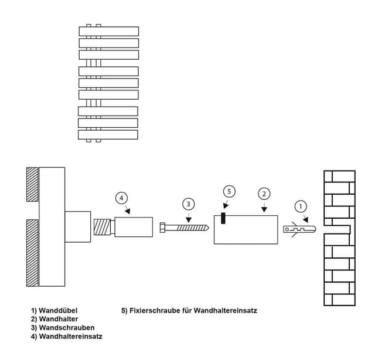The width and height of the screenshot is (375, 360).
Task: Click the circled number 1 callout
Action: pyautogui.click(x=301, y=206)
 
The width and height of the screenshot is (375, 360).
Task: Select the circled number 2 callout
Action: pyautogui.click(x=264, y=194)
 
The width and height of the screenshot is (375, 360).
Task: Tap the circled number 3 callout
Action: pyautogui.click(x=189, y=204)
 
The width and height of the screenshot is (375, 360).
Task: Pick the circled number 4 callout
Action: pyautogui.click(x=121, y=198)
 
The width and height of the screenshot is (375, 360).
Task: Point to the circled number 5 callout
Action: pyautogui.click(x=229, y=192)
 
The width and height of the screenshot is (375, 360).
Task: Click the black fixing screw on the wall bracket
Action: pyautogui.click(x=223, y=218)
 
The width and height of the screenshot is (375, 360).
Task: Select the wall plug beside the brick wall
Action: pyautogui.click(x=299, y=229)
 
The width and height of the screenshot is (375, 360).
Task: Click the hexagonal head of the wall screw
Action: pyautogui.click(x=162, y=227)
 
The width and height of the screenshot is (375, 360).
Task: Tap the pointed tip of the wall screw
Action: pyautogui.click(x=209, y=228)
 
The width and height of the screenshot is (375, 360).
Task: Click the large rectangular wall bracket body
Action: pyautogui.click(x=246, y=230)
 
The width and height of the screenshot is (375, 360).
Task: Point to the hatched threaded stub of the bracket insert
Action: pyautogui.click(x=102, y=227)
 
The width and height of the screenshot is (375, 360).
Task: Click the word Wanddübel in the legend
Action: pyautogui.click(x=58, y=310)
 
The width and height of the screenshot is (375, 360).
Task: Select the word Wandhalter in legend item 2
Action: pyautogui.click(x=59, y=319)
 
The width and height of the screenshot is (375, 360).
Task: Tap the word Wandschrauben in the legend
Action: pyautogui.click(x=67, y=327)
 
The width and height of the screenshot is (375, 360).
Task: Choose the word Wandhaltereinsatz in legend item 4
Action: pyautogui.click(x=71, y=337)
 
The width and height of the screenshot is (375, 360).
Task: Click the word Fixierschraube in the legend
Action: pyautogui.click(x=155, y=310)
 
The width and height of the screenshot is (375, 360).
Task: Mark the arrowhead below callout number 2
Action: pyautogui.click(x=264, y=209)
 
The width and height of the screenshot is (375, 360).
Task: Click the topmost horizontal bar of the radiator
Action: pyautogui.click(x=109, y=31)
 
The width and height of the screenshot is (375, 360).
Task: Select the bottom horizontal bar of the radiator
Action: pyautogui.click(x=108, y=135)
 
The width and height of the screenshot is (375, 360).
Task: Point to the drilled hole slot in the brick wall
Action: pyautogui.click(x=337, y=229)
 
